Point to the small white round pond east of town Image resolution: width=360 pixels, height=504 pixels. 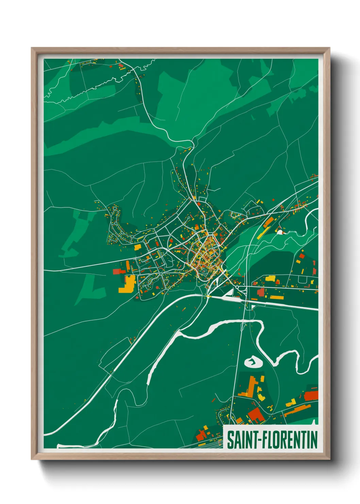[280, 232]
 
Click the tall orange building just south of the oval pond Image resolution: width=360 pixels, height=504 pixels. [251, 385]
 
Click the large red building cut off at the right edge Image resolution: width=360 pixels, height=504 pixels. [311, 396]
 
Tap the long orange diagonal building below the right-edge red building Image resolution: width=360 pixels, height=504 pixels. [297, 409]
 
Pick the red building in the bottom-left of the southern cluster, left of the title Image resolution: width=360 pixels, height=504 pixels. [201, 435]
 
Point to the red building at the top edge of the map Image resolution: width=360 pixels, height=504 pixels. [121, 65]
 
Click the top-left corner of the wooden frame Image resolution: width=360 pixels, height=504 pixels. [33, 49]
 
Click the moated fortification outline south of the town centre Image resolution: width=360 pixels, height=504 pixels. [203, 271]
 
